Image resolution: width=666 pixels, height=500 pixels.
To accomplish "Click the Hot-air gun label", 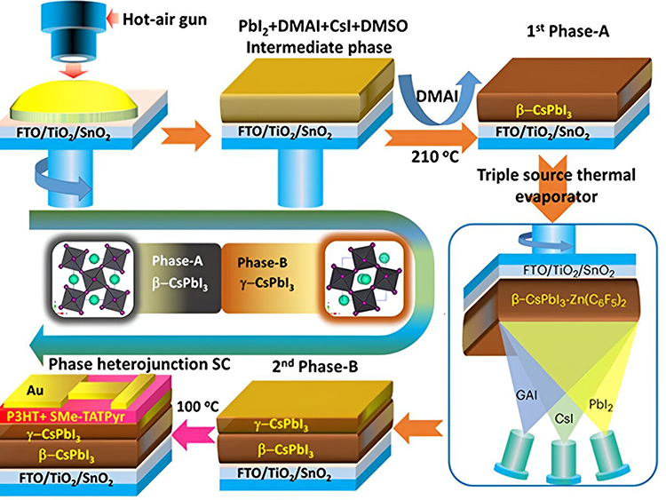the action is click(165, 20).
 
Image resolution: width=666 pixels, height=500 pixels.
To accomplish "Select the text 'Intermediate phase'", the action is click(319, 47).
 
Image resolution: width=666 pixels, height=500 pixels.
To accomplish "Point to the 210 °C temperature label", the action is click(435, 157).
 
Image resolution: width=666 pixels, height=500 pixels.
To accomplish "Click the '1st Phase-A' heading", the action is click(568, 31).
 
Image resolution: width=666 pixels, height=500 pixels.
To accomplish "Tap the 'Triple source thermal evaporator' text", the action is click(557, 186).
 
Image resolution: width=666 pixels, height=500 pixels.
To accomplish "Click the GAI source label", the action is click(527, 395).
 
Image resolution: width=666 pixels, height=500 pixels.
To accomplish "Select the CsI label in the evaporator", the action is click(564, 419).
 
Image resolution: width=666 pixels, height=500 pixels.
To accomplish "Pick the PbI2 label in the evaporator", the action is click(601, 404).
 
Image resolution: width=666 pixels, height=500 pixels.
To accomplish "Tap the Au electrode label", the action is click(35, 391).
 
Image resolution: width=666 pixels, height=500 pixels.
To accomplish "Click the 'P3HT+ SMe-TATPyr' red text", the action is click(66, 417).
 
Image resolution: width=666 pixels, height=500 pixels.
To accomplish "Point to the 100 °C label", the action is click(198, 407).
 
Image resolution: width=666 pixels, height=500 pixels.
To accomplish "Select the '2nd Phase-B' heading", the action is click(314, 366).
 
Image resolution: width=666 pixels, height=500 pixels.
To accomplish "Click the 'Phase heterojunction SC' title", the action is click(139, 364).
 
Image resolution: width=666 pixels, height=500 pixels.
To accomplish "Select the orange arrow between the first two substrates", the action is click(186, 136).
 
